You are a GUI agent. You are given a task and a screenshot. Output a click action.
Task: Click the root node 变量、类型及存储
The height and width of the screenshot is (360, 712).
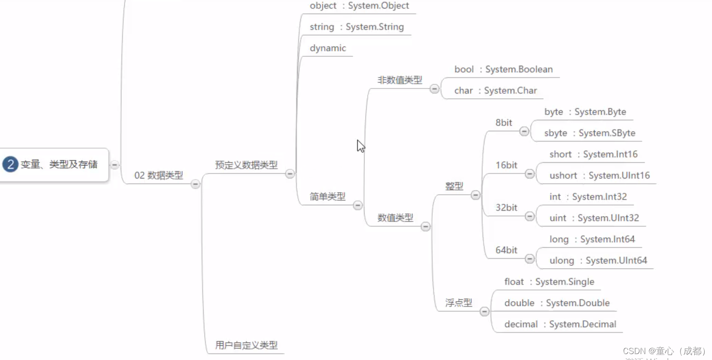59,164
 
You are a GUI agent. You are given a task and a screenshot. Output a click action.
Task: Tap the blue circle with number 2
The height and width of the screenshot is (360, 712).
10,164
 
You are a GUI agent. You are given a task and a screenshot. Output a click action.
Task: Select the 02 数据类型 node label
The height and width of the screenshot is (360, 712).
158,175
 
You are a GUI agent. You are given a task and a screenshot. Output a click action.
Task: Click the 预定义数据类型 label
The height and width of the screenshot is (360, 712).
246,165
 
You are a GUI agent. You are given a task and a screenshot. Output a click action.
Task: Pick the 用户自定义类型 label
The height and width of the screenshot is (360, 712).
246,345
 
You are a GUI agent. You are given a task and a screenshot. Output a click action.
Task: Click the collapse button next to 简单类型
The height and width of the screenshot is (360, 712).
358,205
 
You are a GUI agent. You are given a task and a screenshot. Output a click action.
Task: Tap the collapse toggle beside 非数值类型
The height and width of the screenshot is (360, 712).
434,89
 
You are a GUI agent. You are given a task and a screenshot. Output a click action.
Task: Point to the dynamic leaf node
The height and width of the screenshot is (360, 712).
327,48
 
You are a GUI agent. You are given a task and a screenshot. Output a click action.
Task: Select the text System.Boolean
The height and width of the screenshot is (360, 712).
519,69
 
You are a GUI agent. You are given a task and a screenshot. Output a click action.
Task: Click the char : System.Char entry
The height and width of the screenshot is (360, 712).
495,90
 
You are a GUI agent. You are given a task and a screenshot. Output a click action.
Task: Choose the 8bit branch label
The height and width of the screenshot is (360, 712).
504,122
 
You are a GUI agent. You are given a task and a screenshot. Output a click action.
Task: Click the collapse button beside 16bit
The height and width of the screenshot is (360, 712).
530,174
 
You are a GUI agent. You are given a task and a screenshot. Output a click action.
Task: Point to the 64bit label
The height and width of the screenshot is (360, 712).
506,250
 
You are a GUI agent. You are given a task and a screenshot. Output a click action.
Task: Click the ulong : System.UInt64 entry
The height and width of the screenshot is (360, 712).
598,260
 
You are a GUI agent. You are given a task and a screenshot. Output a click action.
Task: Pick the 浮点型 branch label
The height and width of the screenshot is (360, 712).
459,302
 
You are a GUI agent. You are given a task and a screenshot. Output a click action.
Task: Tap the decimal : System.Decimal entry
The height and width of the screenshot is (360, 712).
560,324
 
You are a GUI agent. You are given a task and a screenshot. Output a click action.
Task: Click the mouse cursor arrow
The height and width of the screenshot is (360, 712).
360,145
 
